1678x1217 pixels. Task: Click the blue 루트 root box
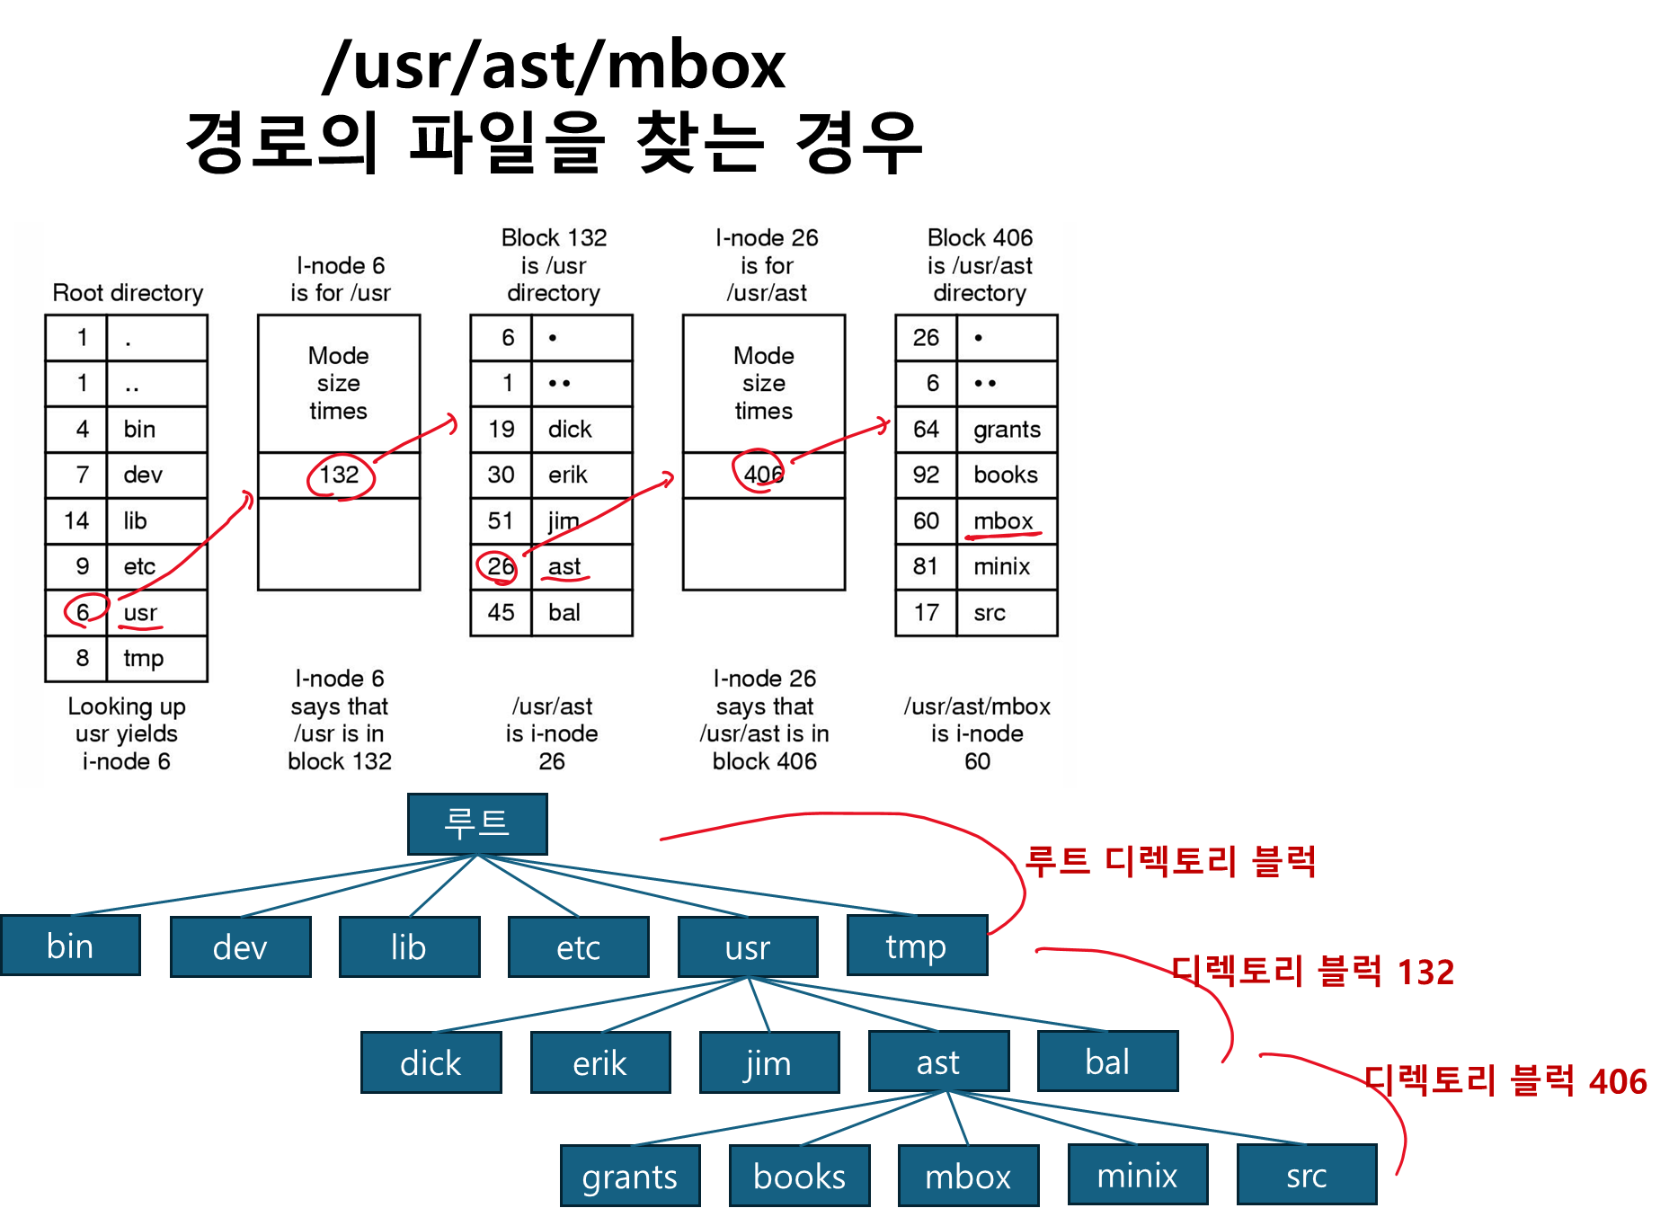(x=477, y=823)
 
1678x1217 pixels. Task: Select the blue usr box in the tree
(x=748, y=946)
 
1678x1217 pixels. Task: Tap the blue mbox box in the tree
(x=968, y=1176)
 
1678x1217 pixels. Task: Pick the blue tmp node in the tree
(x=916, y=946)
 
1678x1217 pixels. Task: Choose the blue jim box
(x=768, y=1062)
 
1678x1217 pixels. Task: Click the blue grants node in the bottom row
(x=629, y=1176)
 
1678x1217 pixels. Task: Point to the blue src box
(x=1306, y=1175)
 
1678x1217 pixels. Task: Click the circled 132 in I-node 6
(x=340, y=475)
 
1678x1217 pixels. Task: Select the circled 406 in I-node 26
(x=763, y=474)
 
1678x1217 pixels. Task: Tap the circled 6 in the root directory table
(x=83, y=612)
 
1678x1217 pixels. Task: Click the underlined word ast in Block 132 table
(x=564, y=566)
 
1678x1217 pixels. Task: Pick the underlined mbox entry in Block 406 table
(x=1003, y=520)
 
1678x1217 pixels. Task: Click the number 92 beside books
(x=926, y=475)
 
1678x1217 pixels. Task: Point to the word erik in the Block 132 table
(x=568, y=475)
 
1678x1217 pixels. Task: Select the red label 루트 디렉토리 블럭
(x=1170, y=861)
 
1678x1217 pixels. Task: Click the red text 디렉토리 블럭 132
(x=1312, y=972)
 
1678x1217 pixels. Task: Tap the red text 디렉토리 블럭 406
(x=1505, y=1081)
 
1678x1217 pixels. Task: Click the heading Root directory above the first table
(x=128, y=293)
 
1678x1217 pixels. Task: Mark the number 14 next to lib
(x=76, y=520)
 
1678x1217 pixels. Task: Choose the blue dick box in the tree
(x=431, y=1063)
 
